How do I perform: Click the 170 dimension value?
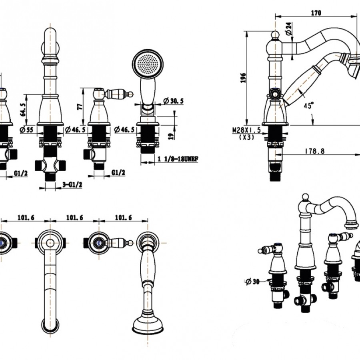point(316,13)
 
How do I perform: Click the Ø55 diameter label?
point(28,129)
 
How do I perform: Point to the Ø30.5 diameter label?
point(173,101)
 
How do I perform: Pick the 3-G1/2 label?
point(72,184)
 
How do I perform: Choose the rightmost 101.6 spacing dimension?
point(123,218)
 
